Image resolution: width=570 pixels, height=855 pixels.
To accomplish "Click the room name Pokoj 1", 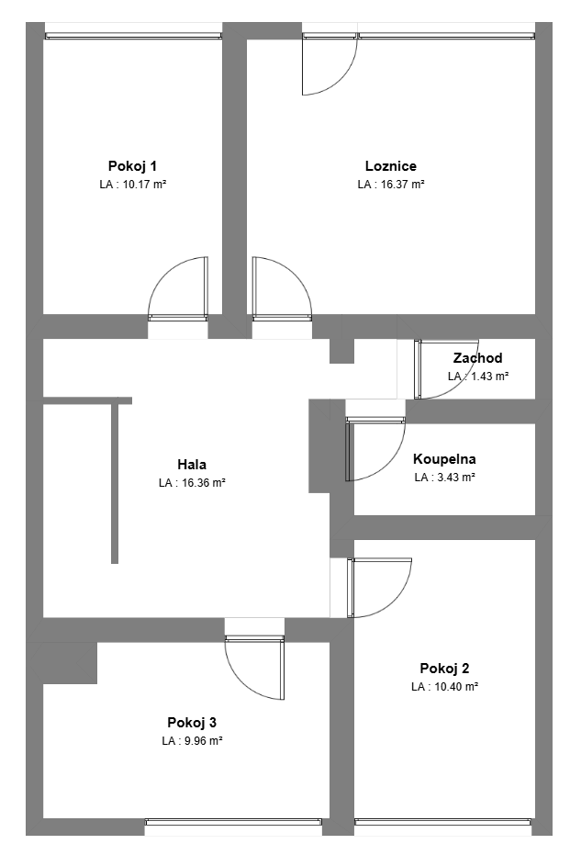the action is [132, 165].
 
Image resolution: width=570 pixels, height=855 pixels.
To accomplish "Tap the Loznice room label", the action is [391, 165].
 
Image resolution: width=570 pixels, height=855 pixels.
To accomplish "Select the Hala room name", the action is [192, 465].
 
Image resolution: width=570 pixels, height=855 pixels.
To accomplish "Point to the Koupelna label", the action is [444, 458].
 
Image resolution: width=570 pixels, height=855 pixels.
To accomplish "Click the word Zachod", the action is [478, 358].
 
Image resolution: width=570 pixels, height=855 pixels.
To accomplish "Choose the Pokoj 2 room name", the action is [444, 668].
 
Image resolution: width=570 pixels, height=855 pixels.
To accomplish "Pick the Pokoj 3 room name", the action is [192, 723].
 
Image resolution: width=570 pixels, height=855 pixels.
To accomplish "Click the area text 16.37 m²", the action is [402, 185].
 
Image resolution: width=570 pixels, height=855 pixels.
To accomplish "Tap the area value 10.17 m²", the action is [144, 185].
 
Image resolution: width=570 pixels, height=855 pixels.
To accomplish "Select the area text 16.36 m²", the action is [204, 482].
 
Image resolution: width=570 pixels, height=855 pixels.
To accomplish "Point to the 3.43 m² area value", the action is [453, 478].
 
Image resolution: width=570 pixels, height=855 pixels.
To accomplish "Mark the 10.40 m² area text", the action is [456, 687].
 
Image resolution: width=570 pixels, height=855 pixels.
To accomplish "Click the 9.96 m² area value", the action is [203, 741].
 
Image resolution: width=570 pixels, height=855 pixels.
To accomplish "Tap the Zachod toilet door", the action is [446, 369].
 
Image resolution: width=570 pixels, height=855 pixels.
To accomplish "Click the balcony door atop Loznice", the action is [330, 63].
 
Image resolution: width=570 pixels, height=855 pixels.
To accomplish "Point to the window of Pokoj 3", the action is [233, 822].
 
